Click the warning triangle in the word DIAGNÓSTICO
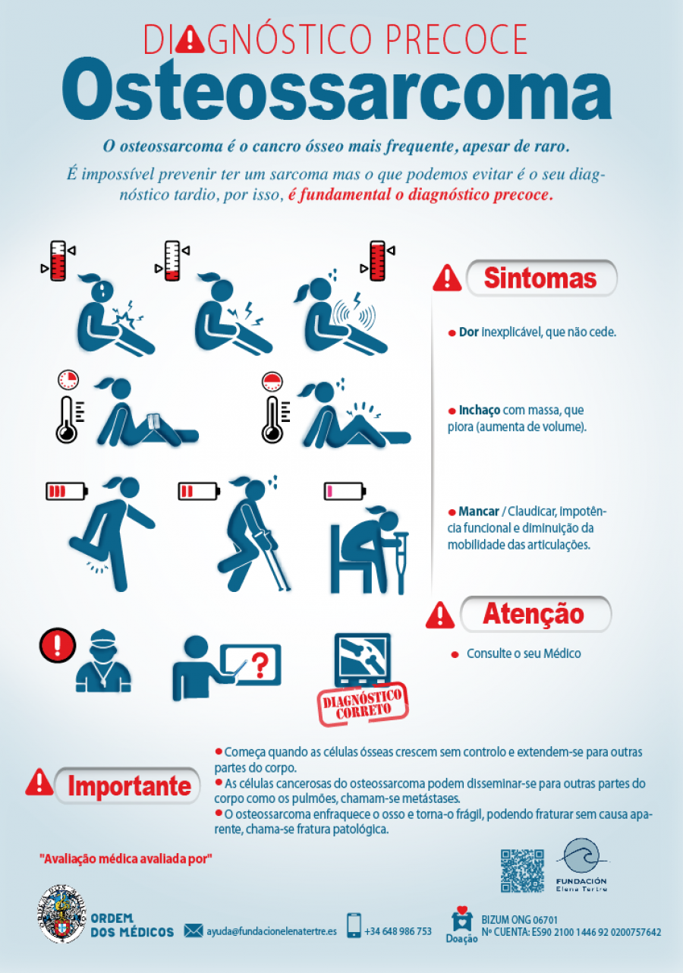pyautogui.click(x=190, y=40)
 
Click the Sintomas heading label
pyautogui.click(x=541, y=278)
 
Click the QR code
pyautogui.click(x=522, y=871)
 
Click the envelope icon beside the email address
pyautogui.click(x=194, y=930)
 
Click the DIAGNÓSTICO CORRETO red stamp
pyautogui.click(x=363, y=705)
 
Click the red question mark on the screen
pyautogui.click(x=260, y=666)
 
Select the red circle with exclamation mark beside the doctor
pyautogui.click(x=58, y=645)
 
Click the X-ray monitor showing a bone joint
pyautogui.click(x=363, y=660)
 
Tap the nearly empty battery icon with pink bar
pyautogui.click(x=345, y=491)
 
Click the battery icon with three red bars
pyautogui.click(x=67, y=491)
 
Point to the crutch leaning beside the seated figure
pyautogui.click(x=401, y=563)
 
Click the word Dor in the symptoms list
pyautogui.click(x=468, y=332)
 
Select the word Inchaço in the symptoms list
pyautogui.click(x=480, y=411)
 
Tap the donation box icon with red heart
pyautogui.click(x=461, y=918)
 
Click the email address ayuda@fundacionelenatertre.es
pyautogui.click(x=272, y=931)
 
